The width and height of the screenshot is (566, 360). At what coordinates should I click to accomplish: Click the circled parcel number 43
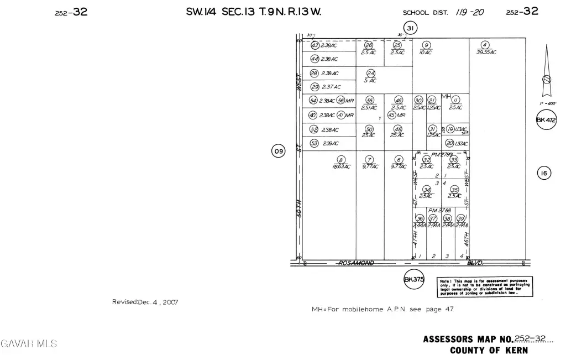coord(315,45)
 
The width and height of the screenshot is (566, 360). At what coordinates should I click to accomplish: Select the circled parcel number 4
coord(485,45)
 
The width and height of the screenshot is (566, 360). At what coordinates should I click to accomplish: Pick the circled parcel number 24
coord(371,73)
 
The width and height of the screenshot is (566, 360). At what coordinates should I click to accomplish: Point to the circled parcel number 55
coord(370,101)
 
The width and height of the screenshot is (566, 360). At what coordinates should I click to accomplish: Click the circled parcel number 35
coord(454,189)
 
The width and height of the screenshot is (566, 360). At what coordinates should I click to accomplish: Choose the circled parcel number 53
coord(314,143)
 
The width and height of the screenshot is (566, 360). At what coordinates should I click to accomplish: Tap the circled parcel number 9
coord(426,45)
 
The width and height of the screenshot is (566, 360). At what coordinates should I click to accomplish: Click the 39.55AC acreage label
coord(486,53)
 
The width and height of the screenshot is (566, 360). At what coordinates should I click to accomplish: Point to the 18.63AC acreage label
coord(341,166)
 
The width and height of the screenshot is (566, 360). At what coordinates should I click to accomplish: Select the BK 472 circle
coord(546,119)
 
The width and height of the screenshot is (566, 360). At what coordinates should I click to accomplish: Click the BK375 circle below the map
coord(414,279)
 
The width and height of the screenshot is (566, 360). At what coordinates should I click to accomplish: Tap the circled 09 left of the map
coord(278,150)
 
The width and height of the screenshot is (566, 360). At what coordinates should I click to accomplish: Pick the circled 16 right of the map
coord(544,174)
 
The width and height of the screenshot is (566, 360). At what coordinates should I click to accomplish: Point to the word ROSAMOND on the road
coord(355,263)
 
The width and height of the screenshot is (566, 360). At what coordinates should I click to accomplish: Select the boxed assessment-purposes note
coord(485,286)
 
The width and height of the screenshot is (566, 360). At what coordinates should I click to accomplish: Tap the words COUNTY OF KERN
coord(489,350)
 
